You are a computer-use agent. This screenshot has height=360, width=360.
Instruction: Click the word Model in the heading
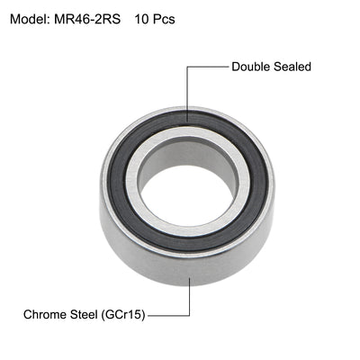pyautogui.click(x=30, y=18)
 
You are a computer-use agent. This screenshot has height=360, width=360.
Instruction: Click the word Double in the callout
pyautogui.click(x=252, y=67)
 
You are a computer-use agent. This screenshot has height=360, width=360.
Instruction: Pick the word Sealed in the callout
pyautogui.click(x=296, y=67)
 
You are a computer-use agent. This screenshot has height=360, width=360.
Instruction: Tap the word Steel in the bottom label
pyautogui.click(x=98, y=315)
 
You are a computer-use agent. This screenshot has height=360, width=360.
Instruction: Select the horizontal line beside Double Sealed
pyautogui.click(x=207, y=67)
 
